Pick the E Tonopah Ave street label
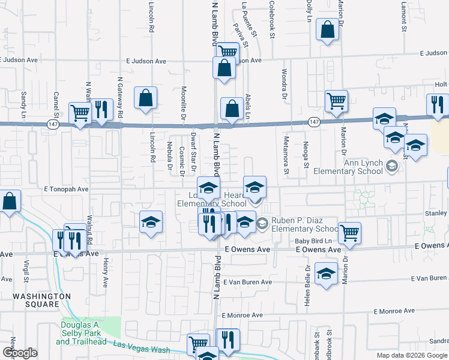pos(66,188)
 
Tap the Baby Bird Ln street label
pos(313,241)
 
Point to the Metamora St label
pos(286,161)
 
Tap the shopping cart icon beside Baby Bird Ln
pos(349,233)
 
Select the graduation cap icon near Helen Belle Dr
pos(326,275)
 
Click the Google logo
pos(20,353)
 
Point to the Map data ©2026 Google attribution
pos(411,355)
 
